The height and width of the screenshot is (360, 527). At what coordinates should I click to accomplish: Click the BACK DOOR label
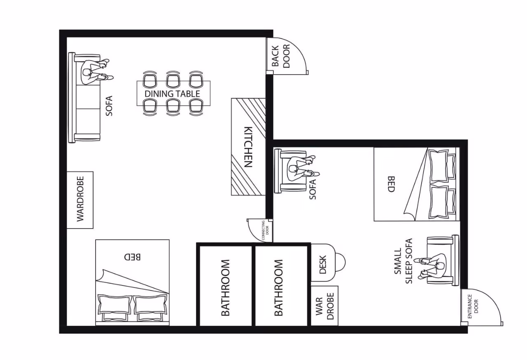tap(281, 56)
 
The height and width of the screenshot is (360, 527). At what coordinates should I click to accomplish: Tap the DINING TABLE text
tap(172, 94)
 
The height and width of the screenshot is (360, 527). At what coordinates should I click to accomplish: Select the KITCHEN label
tap(248, 147)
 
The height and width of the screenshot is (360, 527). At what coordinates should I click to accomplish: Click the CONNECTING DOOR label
tap(265, 231)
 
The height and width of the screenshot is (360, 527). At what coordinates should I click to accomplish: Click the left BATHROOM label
tap(225, 288)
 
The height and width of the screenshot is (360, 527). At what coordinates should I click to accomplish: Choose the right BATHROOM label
tap(278, 288)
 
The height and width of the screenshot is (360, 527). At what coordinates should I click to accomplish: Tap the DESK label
tap(323, 264)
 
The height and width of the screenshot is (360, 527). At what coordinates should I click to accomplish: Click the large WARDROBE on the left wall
tap(80, 200)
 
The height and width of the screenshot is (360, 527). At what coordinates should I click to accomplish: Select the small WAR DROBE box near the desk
tap(324, 306)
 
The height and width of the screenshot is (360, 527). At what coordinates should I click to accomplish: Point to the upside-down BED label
tap(132, 257)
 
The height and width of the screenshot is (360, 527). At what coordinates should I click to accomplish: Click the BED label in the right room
tap(391, 184)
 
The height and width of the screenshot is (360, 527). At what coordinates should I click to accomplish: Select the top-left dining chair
tap(150, 79)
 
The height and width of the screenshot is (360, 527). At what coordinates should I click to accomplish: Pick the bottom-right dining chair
tap(196, 107)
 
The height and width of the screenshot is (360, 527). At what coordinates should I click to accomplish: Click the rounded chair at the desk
tap(340, 262)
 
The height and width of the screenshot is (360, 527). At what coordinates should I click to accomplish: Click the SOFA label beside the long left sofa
tap(109, 105)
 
